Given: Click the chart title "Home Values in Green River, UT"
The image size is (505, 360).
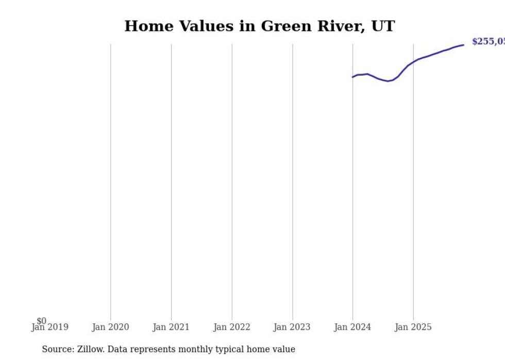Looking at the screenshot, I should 259,26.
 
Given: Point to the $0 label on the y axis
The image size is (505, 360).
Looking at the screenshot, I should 41,321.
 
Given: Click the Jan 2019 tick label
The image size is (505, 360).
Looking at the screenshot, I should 49,327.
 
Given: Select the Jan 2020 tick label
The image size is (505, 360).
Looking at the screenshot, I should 110,327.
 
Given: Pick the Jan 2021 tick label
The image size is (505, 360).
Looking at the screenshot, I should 171,327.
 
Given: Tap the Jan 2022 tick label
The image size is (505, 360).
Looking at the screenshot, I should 232,327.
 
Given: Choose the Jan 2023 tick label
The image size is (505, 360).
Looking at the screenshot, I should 292,327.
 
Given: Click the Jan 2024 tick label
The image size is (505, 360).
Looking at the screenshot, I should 352,327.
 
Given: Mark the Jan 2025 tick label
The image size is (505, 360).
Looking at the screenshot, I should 413,327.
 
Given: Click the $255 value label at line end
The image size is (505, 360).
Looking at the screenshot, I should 488,42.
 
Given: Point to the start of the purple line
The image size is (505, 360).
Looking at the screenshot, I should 353,77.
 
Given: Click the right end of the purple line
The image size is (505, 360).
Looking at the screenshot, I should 463,45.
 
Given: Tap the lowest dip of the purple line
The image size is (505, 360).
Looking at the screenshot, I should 388,81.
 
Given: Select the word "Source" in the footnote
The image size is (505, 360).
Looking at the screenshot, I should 58,349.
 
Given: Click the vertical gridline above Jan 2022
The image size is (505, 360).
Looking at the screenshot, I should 232,180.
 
